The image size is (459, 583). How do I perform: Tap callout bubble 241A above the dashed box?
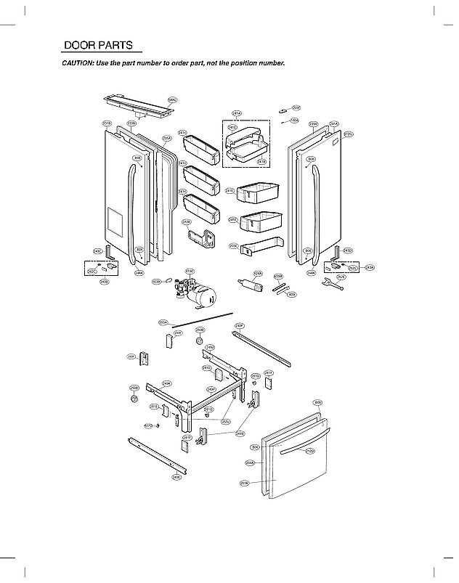pos(236,113)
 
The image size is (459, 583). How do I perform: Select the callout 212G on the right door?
pos(348,134)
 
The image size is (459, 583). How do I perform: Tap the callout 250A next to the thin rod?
pos(163,322)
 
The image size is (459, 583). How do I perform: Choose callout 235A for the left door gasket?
pos(166,138)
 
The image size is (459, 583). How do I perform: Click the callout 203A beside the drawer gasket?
pos(249,462)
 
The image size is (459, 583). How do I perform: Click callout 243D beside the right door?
pos(348,250)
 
